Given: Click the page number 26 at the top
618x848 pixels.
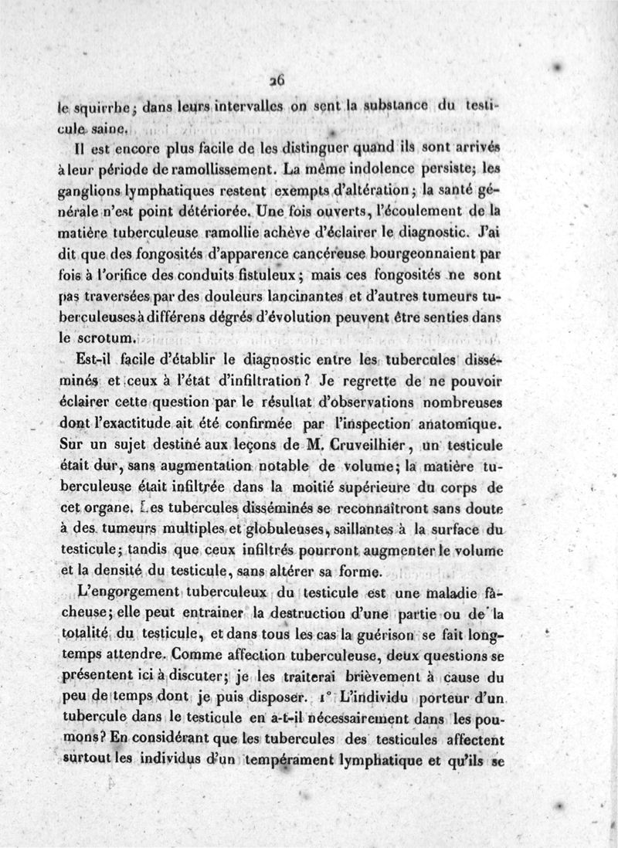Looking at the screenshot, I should pyautogui.click(x=279, y=80).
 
